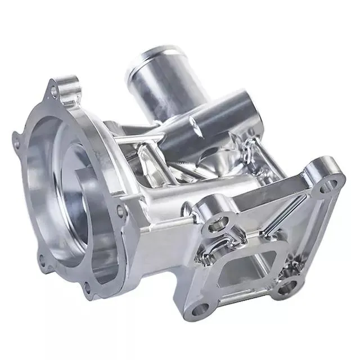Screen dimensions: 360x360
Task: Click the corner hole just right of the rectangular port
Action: (x=285, y=290)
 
